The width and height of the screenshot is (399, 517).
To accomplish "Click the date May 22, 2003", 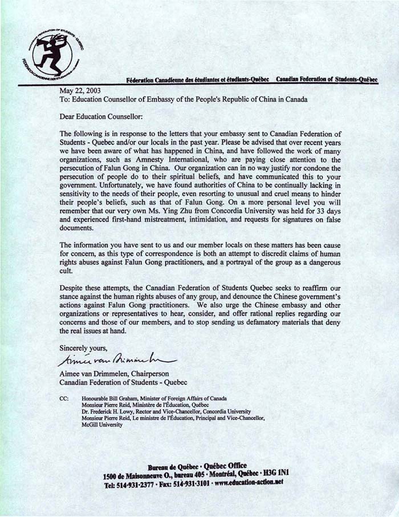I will tap(80, 90).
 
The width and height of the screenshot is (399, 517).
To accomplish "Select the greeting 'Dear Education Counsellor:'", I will tap(103, 116).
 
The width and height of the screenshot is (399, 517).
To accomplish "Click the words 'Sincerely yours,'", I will tap(83, 347).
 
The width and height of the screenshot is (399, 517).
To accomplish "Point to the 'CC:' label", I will tap(64, 398).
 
